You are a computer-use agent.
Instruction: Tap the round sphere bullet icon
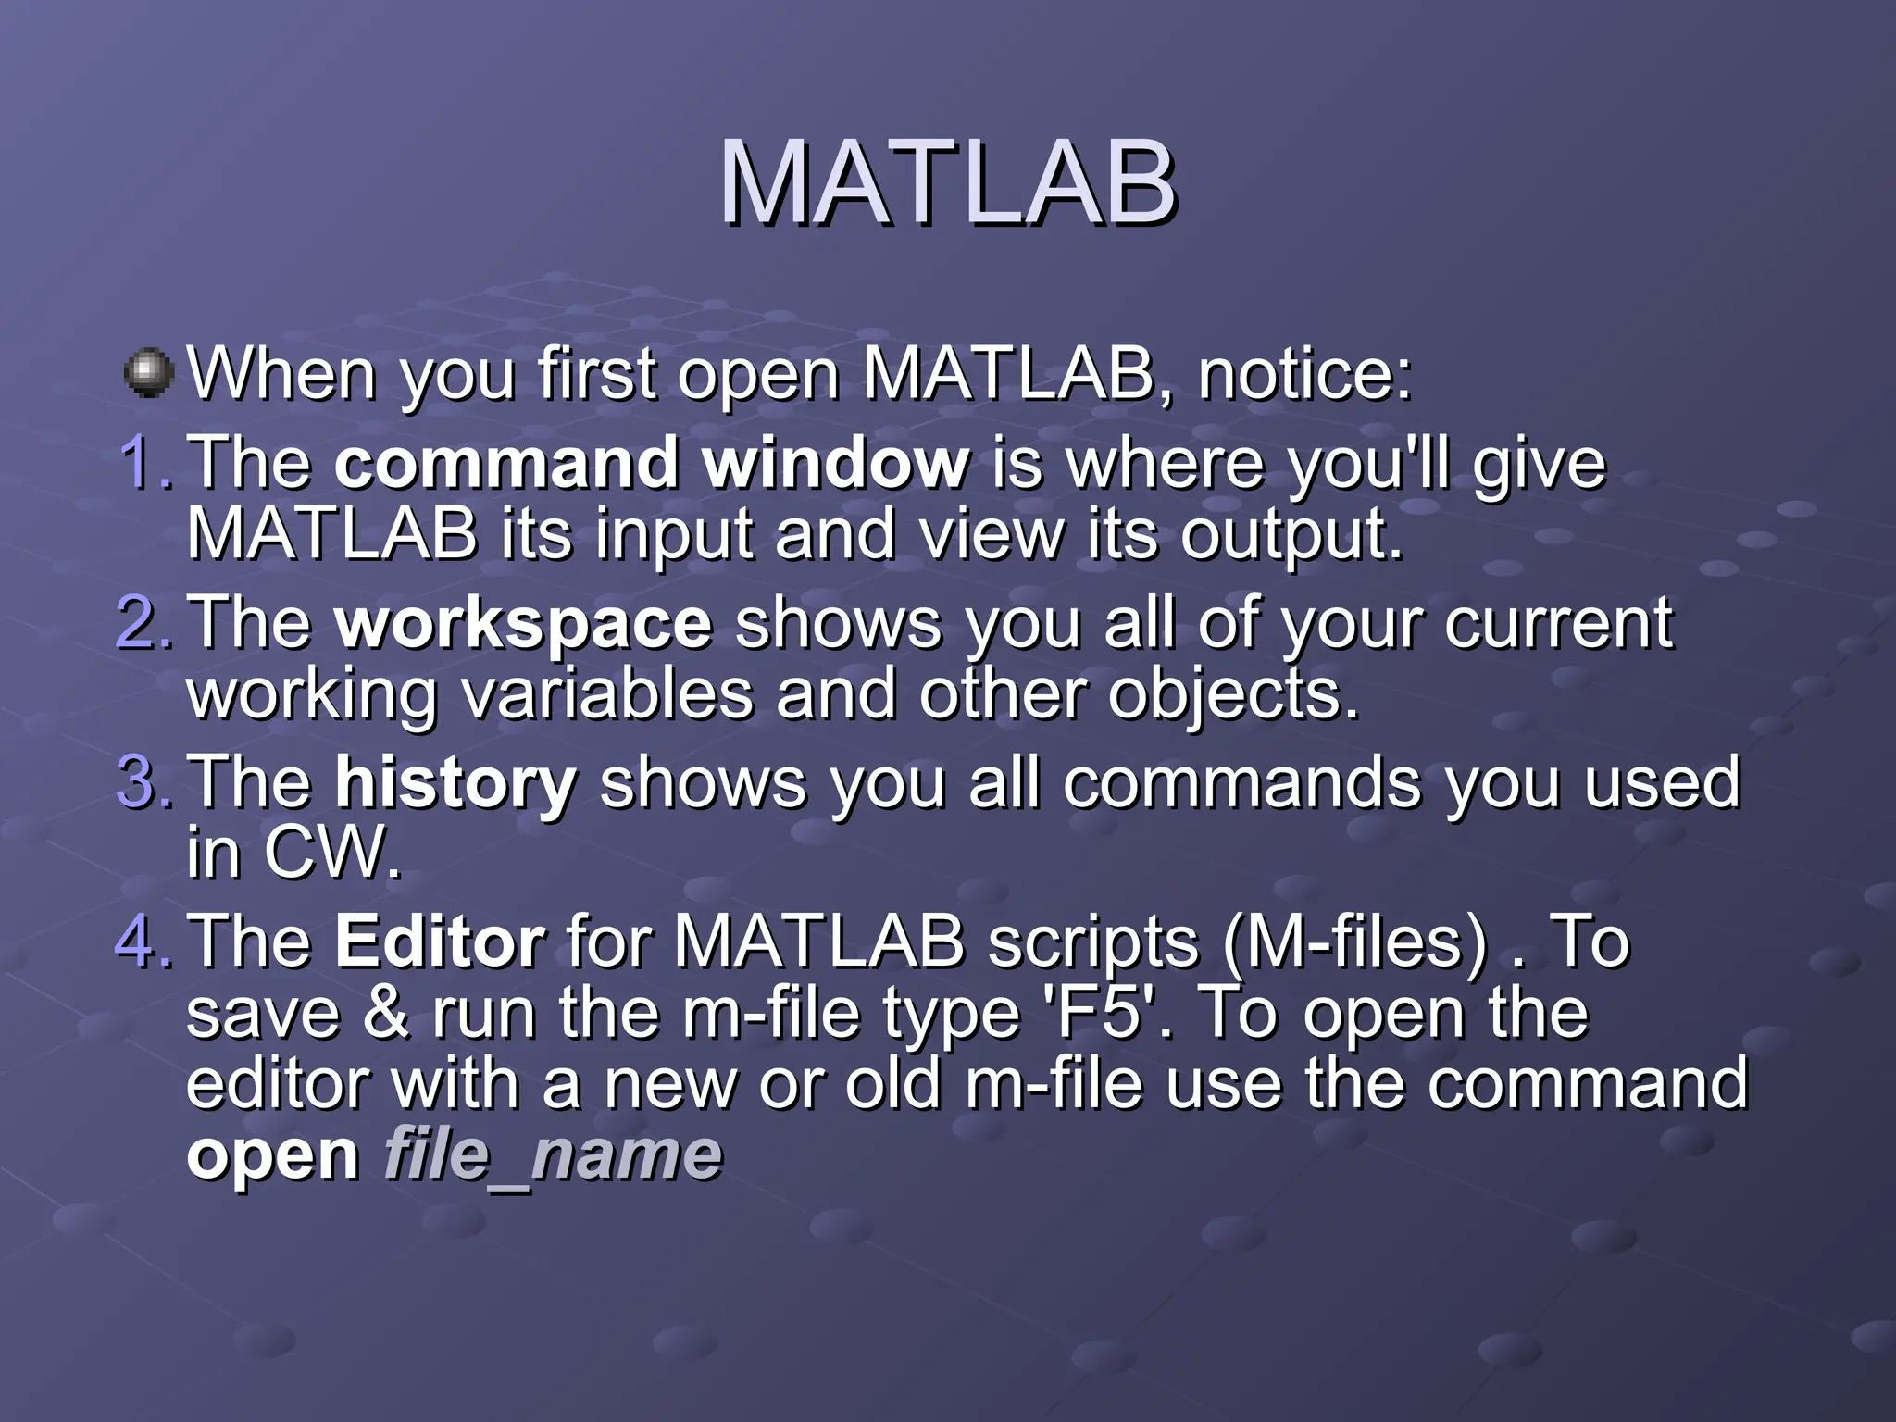[148, 373]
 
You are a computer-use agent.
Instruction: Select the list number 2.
[143, 621]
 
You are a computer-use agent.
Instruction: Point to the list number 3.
[143, 781]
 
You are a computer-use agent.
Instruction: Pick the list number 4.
[143, 941]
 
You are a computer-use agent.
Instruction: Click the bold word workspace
[523, 623]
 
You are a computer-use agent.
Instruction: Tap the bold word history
[455, 783]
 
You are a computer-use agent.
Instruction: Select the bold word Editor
[440, 942]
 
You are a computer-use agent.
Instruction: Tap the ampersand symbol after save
[386, 1013]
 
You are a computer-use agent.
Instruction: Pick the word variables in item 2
[607, 693]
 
